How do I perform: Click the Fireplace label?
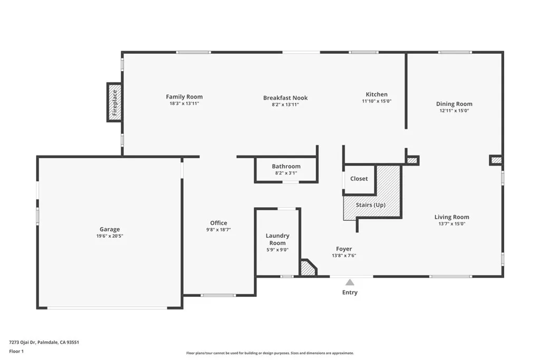(x=114, y=103)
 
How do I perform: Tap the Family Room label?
(x=184, y=96)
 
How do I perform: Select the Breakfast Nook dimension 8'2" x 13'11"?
(x=285, y=105)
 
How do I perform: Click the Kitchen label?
(x=377, y=94)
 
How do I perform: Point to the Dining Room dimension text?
(x=454, y=111)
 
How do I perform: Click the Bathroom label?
(x=286, y=166)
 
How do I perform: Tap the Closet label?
(x=359, y=179)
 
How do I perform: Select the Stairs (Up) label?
(x=371, y=205)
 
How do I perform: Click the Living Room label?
(x=451, y=217)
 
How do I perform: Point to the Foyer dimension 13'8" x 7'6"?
(x=344, y=256)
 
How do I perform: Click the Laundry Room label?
(x=277, y=239)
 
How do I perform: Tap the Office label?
(x=219, y=222)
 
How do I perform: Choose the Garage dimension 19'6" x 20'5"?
(x=110, y=236)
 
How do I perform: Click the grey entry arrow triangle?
(x=350, y=283)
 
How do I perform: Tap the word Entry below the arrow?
(x=350, y=293)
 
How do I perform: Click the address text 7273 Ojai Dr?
(x=22, y=343)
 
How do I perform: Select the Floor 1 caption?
(x=16, y=352)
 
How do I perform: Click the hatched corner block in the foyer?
(x=308, y=268)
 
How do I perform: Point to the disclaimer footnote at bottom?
(x=270, y=353)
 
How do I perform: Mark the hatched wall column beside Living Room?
(x=496, y=160)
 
